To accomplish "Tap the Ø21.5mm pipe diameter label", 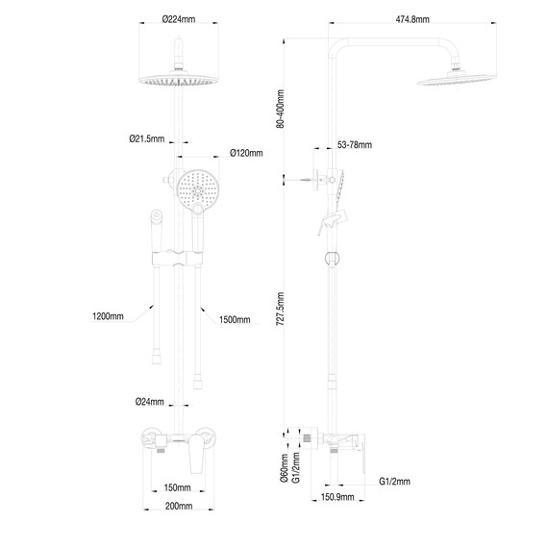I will tap(145, 137).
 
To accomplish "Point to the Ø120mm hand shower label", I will tap(246, 153).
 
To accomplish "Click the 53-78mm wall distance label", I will tap(355, 145).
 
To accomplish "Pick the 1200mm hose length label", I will tap(109, 315).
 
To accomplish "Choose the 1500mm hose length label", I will tap(235, 319).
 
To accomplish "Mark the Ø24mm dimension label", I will tap(148, 401).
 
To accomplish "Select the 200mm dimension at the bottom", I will tap(179, 506).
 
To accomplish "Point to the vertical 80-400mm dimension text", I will tap(280, 107).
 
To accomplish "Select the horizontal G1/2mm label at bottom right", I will tap(394, 481).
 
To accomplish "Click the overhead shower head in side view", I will tap(455, 76).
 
